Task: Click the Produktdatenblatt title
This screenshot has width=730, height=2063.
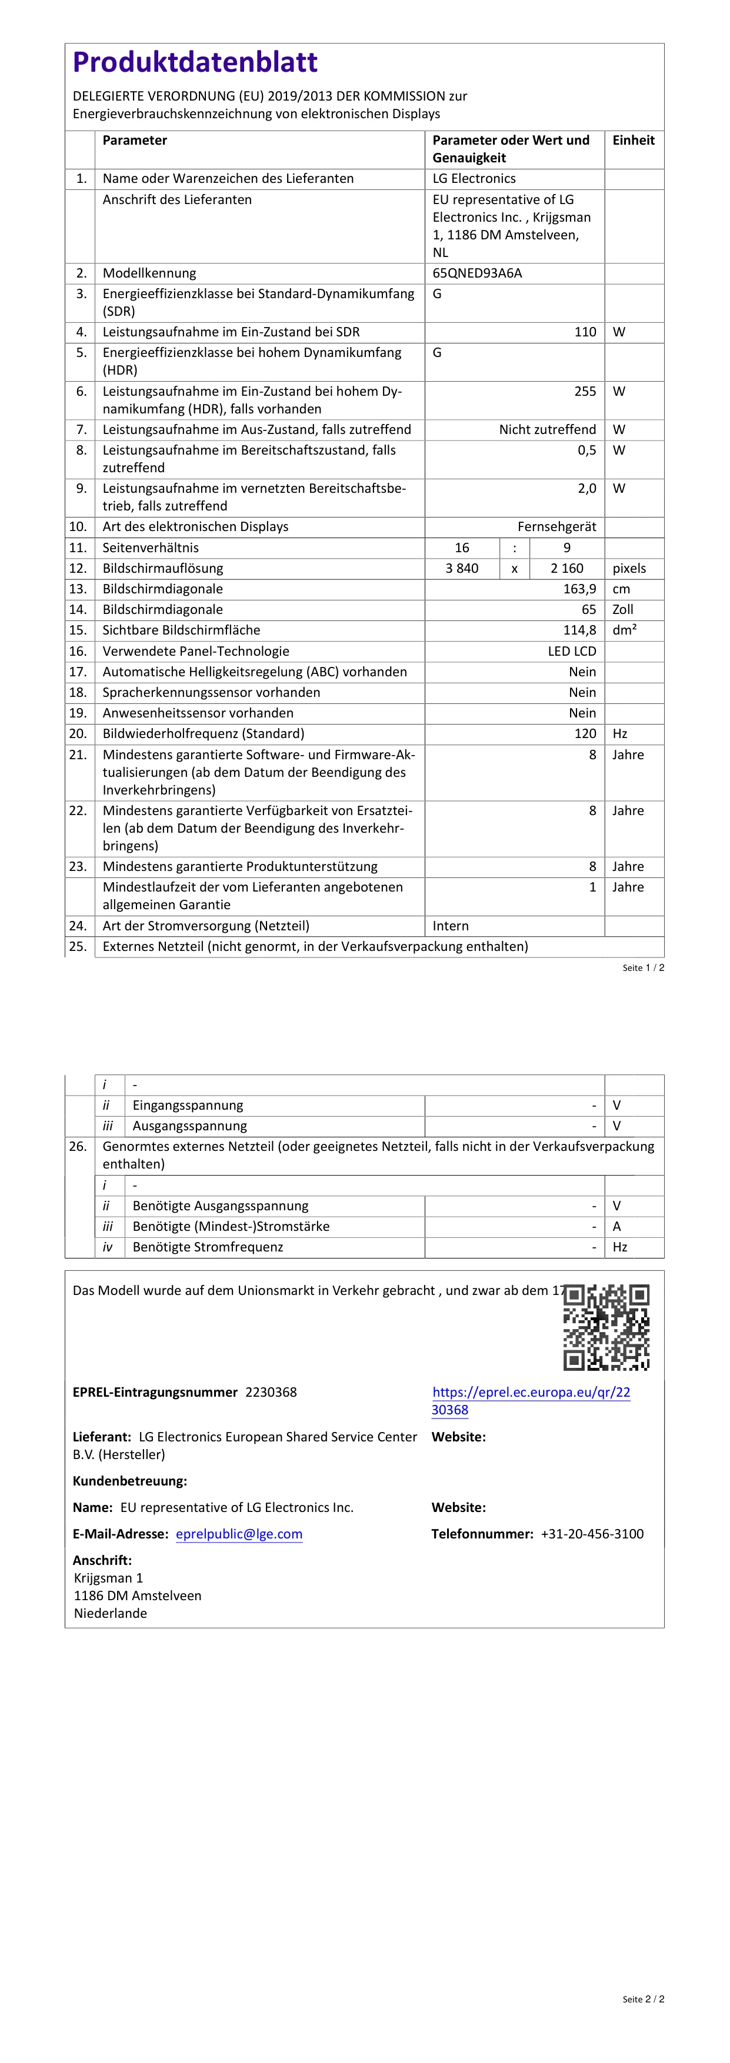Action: [x=195, y=62]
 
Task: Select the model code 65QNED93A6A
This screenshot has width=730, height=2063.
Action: [x=477, y=273]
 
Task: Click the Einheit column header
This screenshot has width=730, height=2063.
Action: [x=633, y=140]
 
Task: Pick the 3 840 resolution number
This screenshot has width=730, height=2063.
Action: [x=462, y=568]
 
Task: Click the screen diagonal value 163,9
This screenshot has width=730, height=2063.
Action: [x=579, y=589]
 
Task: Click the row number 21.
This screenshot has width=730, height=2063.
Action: [x=77, y=755]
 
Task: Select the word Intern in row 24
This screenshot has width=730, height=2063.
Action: [x=451, y=926]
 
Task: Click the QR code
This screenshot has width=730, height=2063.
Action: [x=606, y=1327]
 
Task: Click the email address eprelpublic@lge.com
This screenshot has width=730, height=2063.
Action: [x=239, y=1534]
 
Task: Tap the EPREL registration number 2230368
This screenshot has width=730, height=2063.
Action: [x=271, y=1392]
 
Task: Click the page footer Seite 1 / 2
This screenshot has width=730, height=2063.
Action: [x=643, y=967]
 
